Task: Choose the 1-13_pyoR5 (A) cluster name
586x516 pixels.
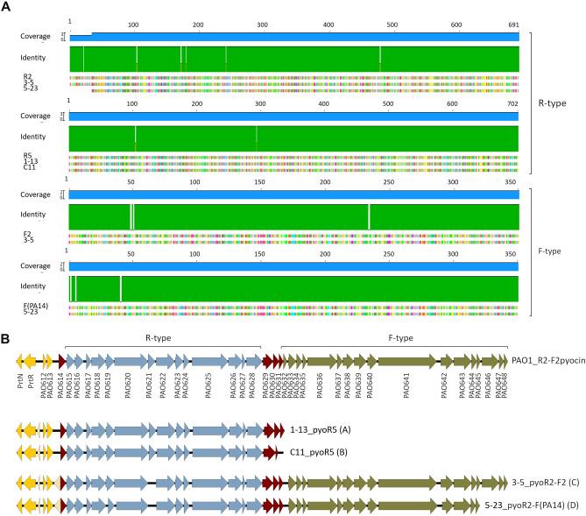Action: [320, 430]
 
